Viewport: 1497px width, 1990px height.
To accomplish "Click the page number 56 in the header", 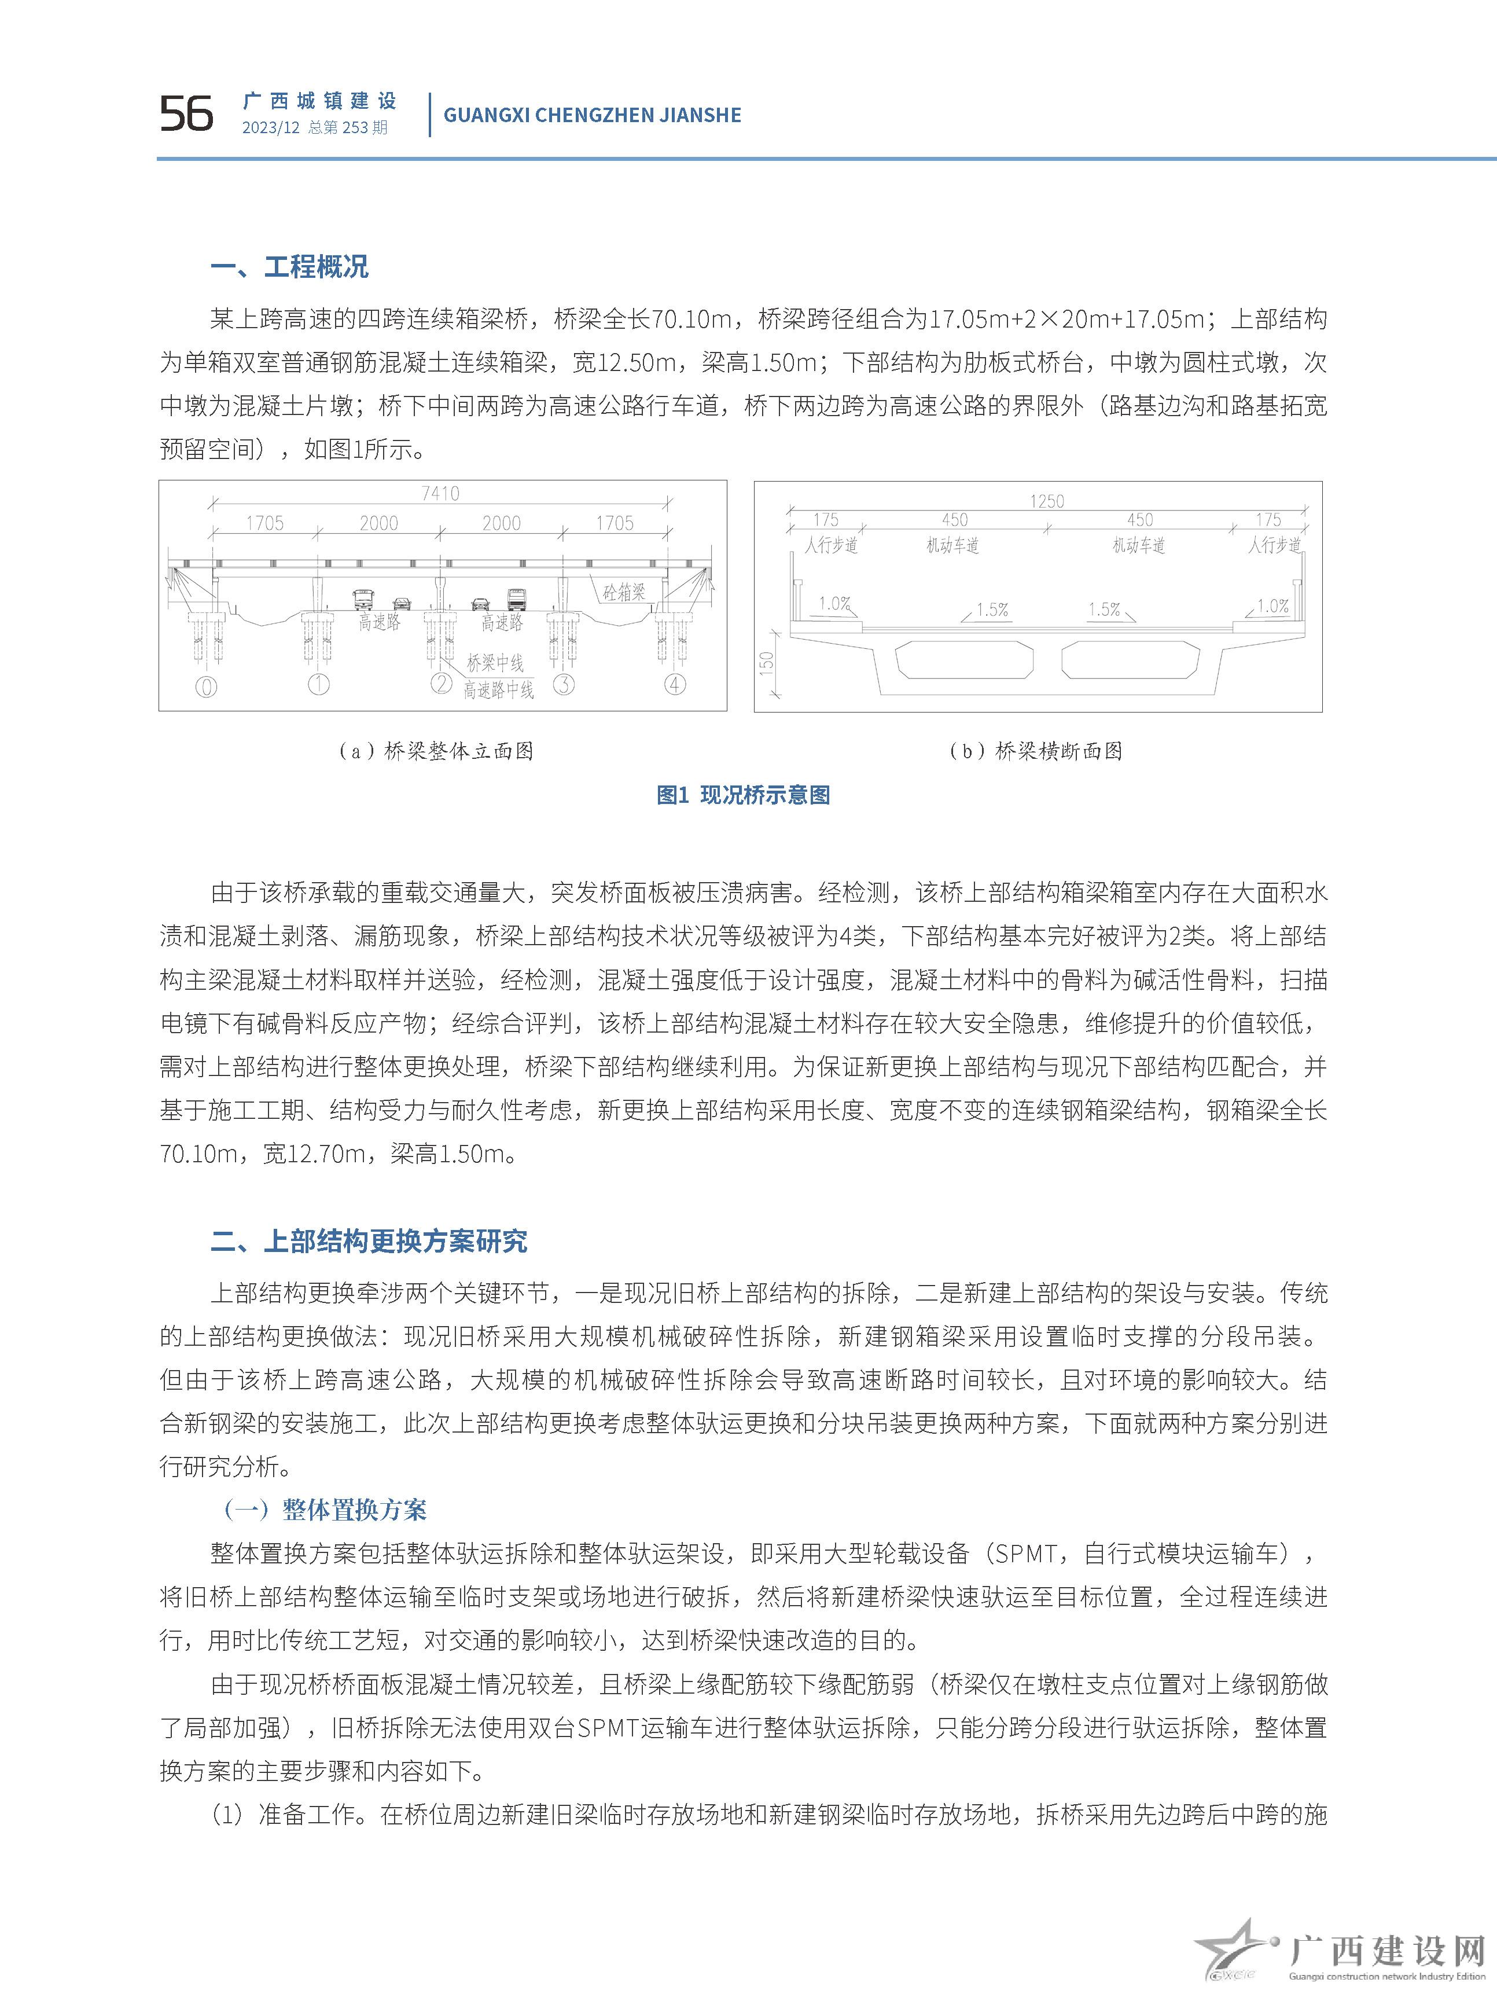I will click(x=186, y=114).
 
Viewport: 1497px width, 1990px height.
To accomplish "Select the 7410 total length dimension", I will click(x=440, y=493).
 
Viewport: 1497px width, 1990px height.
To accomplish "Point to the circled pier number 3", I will click(x=563, y=685).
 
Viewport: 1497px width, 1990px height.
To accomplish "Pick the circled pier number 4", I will click(x=675, y=685).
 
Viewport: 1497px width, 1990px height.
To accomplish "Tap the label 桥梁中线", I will click(x=495, y=663).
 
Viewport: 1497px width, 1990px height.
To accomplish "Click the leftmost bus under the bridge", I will click(x=363, y=600).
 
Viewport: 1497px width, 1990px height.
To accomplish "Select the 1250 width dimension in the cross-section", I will click(x=1046, y=501).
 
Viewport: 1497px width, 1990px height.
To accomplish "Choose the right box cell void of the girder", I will click(x=1130, y=659).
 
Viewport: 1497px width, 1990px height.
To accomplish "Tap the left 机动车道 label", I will click(x=952, y=545).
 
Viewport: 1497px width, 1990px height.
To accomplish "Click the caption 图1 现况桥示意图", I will click(x=743, y=795).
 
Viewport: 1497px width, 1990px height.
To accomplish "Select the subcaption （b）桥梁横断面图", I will click(x=1036, y=751).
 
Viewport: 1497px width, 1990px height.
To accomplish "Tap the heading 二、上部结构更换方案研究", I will click(x=369, y=1242).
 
